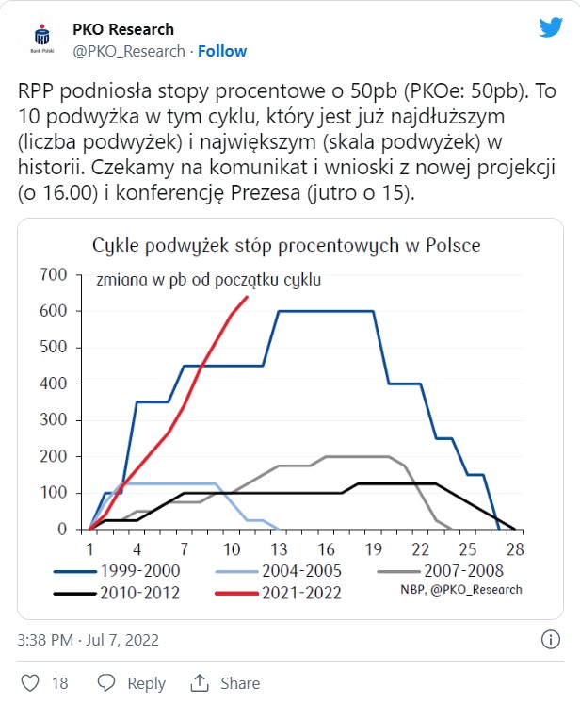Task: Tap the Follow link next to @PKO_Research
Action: [222, 51]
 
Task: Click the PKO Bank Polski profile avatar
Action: [40, 40]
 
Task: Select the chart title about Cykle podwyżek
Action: [286, 245]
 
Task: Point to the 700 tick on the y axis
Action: [55, 274]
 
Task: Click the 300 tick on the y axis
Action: [55, 420]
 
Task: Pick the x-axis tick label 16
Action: [326, 548]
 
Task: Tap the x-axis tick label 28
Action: [513, 548]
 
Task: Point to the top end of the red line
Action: [247, 298]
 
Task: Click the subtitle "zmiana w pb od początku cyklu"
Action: [208, 280]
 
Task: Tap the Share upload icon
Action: [200, 682]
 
